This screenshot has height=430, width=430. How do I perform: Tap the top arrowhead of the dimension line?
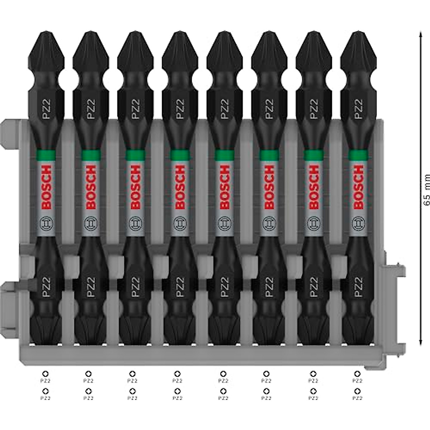pyautogui.click(x=420, y=33)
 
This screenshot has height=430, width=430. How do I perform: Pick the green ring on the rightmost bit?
pyautogui.click(x=357, y=154)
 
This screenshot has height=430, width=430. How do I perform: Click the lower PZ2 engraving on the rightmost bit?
pyautogui.click(x=357, y=287)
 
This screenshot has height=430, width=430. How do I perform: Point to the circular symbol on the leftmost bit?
pyautogui.click(x=46, y=223)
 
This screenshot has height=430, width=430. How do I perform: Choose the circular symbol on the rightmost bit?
pyautogui.click(x=357, y=223)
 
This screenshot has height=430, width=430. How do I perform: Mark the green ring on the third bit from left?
pyautogui.click(x=135, y=154)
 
